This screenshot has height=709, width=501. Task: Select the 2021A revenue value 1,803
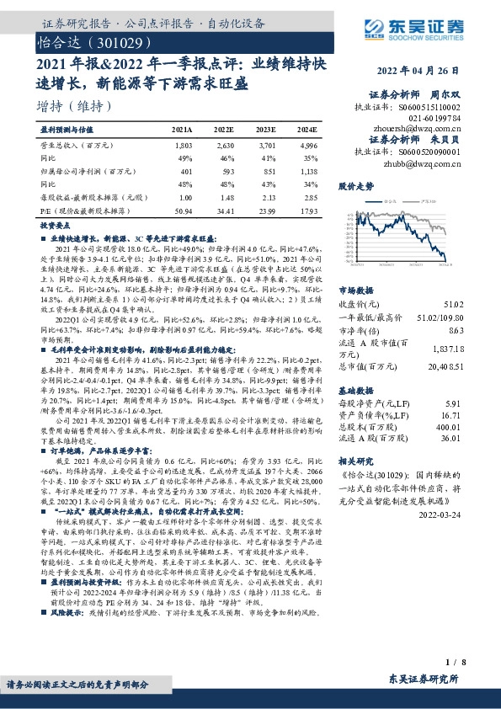(x=182, y=147)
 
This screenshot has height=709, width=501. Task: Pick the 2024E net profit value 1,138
(x=307, y=171)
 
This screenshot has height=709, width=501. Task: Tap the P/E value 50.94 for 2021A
(x=182, y=209)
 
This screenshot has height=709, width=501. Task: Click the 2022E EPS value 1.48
(x=223, y=196)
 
